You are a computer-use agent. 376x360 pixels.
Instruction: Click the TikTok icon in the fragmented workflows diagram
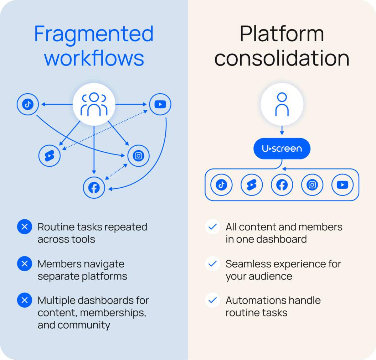pos(28,104)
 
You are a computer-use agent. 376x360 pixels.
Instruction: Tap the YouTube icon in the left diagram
pos(160,104)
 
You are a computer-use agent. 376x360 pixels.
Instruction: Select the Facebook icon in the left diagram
pos(94,188)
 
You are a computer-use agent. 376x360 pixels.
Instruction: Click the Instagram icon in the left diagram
pos(138,156)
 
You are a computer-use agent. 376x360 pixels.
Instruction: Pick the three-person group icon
pos(94,104)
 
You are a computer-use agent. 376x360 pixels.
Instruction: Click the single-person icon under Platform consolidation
pos(282,104)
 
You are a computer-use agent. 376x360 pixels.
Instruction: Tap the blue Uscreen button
pos(282,148)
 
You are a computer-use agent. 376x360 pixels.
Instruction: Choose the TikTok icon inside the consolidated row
pos(221,184)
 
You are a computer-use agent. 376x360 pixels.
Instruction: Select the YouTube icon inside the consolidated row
pos(342,184)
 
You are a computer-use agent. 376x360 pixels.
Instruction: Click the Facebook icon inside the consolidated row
pos(282,184)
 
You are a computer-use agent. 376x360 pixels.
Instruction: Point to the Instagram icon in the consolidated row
pos(312,184)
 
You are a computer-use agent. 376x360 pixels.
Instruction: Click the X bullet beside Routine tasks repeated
pos(25,227)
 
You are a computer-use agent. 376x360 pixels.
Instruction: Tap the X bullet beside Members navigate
pos(25,264)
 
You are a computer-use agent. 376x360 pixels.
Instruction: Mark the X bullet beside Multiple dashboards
pos(25,300)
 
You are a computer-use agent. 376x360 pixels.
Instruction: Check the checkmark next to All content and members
pos(212,227)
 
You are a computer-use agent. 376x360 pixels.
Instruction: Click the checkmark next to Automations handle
pos(212,300)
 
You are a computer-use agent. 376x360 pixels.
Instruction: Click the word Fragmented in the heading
pos(94,35)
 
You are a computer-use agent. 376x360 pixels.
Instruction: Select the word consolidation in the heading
pos(282,58)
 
